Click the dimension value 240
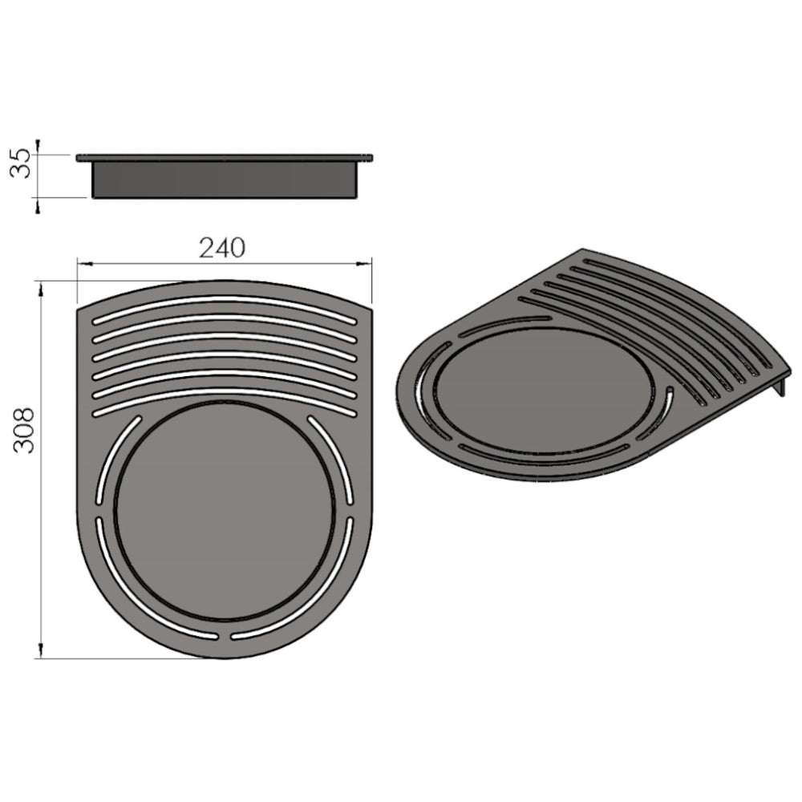pyautogui.click(x=222, y=248)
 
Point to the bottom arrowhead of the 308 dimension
pyautogui.click(x=39, y=653)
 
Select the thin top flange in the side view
pyautogui.click(x=225, y=157)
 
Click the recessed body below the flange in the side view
pyautogui.click(x=225, y=180)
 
